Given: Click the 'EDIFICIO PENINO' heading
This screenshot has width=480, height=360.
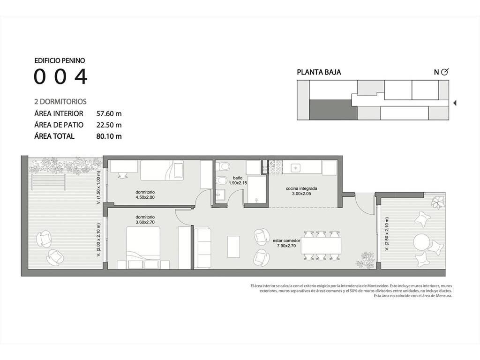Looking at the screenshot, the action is pos(60,60).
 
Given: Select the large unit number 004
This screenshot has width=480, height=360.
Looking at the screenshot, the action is pos(60,76).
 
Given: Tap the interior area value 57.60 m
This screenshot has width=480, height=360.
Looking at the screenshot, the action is pos(109,113).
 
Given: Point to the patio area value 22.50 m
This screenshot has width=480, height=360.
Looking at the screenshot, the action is pos(109,125).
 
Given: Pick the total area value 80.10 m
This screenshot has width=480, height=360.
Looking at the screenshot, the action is pos(109,136).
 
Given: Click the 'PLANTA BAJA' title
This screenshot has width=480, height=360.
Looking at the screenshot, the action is pos(319,72).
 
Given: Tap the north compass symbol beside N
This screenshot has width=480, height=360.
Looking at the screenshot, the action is pos(445,72).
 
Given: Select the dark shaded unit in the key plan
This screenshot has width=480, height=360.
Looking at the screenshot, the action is pos(333,110).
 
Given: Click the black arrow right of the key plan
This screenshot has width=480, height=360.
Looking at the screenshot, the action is pos(455,103).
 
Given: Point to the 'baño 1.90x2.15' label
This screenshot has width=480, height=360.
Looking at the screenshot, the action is pos(238,180).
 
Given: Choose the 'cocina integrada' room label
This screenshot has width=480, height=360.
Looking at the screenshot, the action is pos(301,188).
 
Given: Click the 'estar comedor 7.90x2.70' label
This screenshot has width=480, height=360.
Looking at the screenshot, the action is pos(286,243).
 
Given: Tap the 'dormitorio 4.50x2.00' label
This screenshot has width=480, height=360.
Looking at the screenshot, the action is pos(145,195).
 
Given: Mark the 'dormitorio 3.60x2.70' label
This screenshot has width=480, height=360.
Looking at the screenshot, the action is pos(145,220).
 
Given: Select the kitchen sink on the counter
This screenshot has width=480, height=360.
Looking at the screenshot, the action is pos(295,168).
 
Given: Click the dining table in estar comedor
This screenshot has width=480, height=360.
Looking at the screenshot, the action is pos(321,245).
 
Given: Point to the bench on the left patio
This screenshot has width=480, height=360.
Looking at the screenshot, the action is pos(49,182).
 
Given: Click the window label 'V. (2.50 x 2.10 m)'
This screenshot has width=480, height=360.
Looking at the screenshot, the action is pos(387,234).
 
